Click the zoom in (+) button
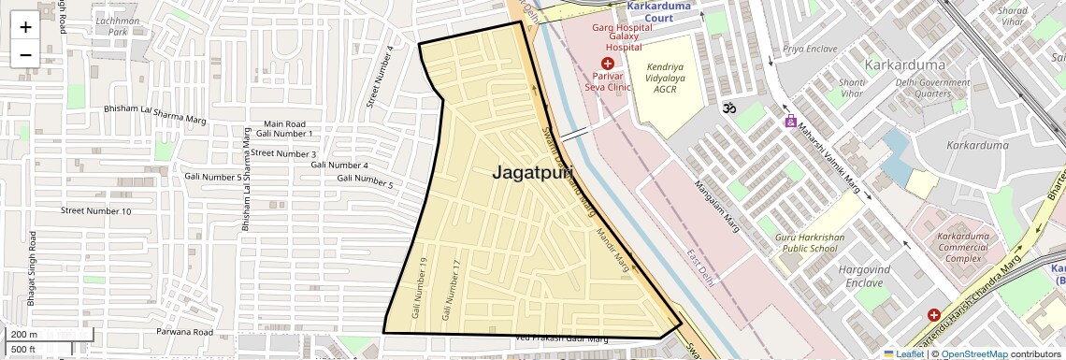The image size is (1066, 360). (x=25, y=27)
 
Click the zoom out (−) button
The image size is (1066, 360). (x=25, y=55)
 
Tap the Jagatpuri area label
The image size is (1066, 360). (x=532, y=173)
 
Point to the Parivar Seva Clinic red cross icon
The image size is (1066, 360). (x=608, y=63)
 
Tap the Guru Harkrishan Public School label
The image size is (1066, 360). (x=806, y=242)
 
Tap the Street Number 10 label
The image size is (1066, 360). (x=96, y=211)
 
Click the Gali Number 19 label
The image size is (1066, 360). (x=417, y=287)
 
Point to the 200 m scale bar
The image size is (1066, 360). (x=24, y=334)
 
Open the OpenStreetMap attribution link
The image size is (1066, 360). (x=973, y=354)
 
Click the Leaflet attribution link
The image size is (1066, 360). (x=903, y=354)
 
